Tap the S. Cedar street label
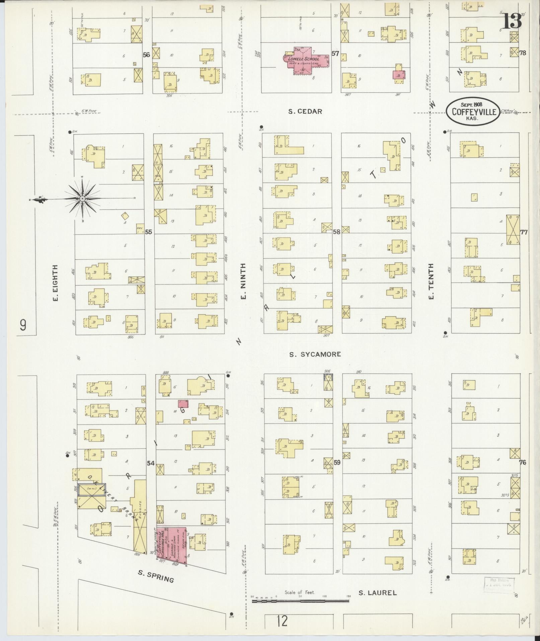click(x=305, y=112)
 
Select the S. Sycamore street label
click(x=315, y=354)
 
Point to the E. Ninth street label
click(x=243, y=281)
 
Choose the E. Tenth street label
click(x=431, y=281)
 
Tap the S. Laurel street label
click(x=377, y=593)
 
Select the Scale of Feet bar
click(x=300, y=601)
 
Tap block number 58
click(x=336, y=232)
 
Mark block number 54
click(x=151, y=463)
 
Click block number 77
click(x=524, y=232)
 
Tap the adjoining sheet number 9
click(x=23, y=325)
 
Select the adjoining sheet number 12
click(x=282, y=621)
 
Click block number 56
click(x=146, y=55)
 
